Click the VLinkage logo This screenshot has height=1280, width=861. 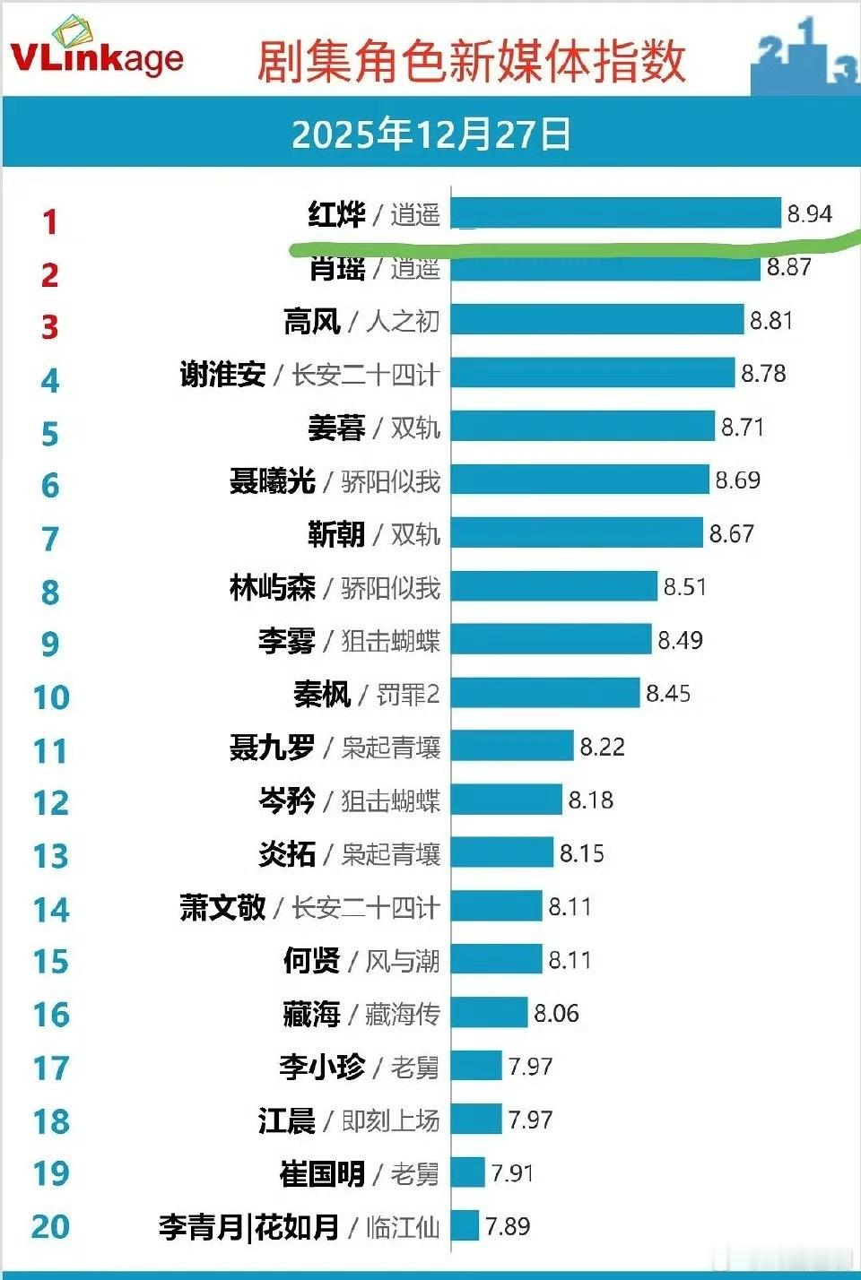[x=96, y=49]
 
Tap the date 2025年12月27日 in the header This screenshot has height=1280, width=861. [x=431, y=134]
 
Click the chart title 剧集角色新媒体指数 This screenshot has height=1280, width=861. [x=472, y=61]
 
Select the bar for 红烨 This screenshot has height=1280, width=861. [x=615, y=213]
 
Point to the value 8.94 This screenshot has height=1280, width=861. [x=809, y=214]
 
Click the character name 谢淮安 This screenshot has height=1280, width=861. [x=222, y=374]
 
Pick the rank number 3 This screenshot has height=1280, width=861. [x=50, y=327]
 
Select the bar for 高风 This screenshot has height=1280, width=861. [x=597, y=320]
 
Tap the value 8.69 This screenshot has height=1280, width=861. [x=737, y=480]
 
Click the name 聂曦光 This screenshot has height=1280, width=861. [x=272, y=481]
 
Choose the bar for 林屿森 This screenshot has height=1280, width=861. [x=554, y=587]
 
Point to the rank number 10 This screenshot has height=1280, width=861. [x=51, y=697]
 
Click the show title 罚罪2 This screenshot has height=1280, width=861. [x=408, y=694]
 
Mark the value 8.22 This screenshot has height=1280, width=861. [x=602, y=747]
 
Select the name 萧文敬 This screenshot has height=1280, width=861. [x=222, y=907]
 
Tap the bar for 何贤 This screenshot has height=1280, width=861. [x=497, y=960]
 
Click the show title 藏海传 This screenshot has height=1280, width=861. [x=403, y=1014]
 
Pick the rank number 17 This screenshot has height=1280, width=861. [x=51, y=1068]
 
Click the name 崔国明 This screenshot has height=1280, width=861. [x=322, y=1173]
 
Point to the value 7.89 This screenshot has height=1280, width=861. [x=508, y=1226]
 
